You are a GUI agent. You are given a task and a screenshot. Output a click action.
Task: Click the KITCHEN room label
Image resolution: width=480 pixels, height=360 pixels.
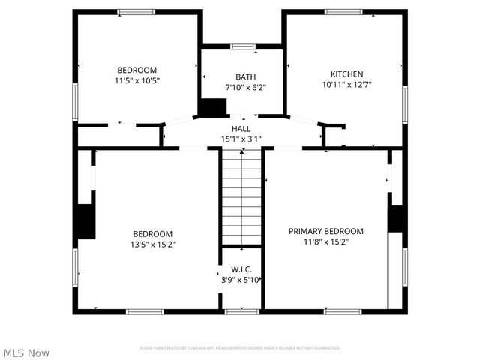(x=346, y=74)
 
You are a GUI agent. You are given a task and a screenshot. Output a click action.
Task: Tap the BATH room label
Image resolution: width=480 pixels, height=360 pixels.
(x=245, y=76)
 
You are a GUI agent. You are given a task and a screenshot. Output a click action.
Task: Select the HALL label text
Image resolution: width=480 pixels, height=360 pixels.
(x=241, y=129)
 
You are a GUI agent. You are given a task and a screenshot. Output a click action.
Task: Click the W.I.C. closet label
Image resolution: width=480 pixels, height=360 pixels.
(x=241, y=269)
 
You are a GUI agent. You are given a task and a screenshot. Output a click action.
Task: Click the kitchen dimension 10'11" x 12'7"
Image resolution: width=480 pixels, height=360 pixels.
(x=346, y=85)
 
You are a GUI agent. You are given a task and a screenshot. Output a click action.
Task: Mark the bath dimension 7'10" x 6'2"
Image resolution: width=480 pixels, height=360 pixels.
(x=245, y=87)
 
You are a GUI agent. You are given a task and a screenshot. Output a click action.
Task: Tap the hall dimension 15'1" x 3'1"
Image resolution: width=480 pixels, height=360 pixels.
(x=241, y=139)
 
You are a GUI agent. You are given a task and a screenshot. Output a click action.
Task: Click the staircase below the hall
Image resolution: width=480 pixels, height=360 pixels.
(x=241, y=198)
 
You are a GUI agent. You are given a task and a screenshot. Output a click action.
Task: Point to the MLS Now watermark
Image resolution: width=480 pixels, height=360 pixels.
(x=26, y=352)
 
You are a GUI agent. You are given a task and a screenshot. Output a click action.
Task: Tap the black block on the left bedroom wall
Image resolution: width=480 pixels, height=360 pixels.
(x=86, y=221)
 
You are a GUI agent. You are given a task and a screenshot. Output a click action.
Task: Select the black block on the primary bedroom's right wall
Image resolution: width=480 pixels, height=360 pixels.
(x=396, y=217)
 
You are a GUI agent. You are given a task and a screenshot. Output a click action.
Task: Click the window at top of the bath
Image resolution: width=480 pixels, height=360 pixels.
(x=242, y=46)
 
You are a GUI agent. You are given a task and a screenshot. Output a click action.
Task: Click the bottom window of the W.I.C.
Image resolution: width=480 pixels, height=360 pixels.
(x=241, y=310)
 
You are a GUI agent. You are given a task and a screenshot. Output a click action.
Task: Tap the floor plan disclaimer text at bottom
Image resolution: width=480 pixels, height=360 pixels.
(x=240, y=348)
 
